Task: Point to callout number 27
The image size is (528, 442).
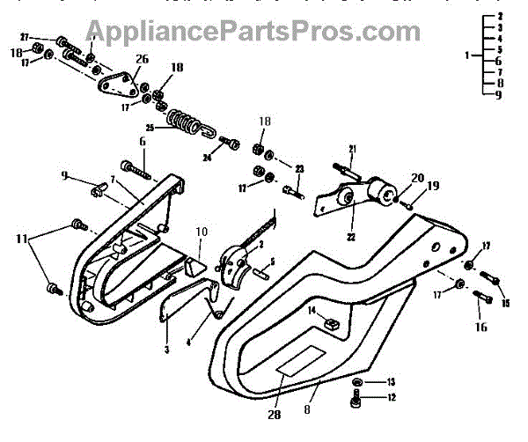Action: point(26,38)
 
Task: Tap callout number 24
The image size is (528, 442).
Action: point(209,159)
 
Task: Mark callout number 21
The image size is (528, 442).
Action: point(351,147)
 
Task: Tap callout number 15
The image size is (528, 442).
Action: point(505,304)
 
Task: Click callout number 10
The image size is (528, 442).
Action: point(202,232)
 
